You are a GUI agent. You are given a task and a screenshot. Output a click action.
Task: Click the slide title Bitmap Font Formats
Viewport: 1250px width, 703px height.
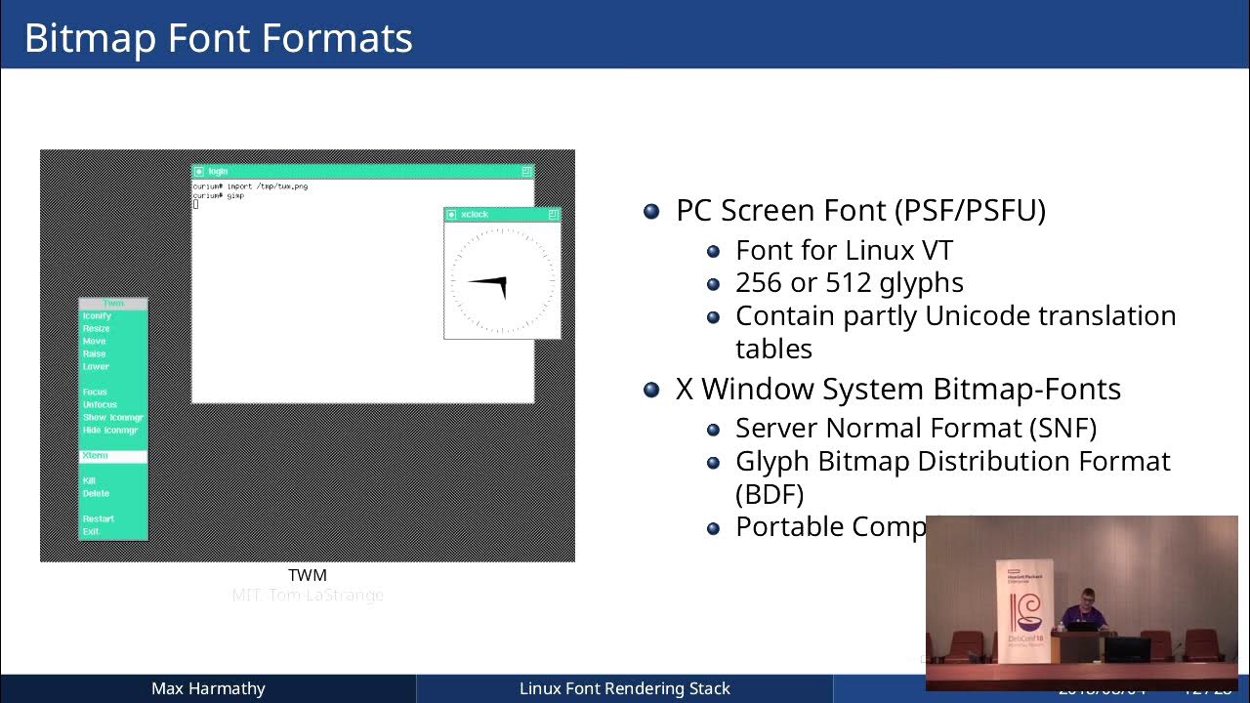(x=218, y=37)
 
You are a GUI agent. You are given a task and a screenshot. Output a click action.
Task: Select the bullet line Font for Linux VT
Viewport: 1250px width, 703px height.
(x=844, y=250)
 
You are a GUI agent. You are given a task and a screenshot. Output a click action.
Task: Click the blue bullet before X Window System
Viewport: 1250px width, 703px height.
(x=651, y=390)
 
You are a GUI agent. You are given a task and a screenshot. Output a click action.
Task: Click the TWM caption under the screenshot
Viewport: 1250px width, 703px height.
(x=308, y=575)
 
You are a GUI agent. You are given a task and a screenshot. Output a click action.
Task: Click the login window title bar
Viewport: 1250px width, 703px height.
(x=362, y=171)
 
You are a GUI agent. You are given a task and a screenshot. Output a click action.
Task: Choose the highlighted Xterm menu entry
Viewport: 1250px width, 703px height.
(x=113, y=456)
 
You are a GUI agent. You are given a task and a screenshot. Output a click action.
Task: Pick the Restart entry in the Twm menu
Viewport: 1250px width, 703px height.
(x=99, y=518)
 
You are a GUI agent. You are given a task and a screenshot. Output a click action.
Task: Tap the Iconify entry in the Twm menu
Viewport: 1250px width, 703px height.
(x=97, y=316)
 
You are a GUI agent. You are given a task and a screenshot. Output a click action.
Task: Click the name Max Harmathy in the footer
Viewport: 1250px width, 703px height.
(x=208, y=688)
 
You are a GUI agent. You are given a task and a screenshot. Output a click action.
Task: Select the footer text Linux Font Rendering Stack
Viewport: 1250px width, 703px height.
(x=624, y=688)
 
